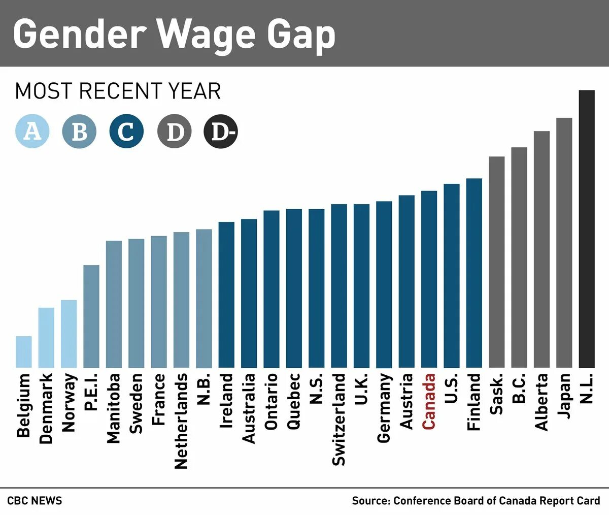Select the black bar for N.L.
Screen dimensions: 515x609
(x=587, y=229)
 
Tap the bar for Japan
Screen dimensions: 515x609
(x=564, y=243)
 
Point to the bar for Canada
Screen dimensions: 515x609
(x=429, y=279)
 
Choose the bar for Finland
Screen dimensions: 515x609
(x=474, y=273)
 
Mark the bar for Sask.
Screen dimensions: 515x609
(x=497, y=262)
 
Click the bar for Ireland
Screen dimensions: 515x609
(x=226, y=295)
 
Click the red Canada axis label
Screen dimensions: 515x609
(x=429, y=401)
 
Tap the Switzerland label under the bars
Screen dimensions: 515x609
(x=339, y=419)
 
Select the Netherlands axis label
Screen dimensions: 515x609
(x=181, y=421)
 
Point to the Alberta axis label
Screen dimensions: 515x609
(x=542, y=402)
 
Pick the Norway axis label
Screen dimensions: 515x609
(x=69, y=402)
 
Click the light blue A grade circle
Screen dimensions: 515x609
(x=32, y=132)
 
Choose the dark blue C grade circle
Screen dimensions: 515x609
(x=126, y=132)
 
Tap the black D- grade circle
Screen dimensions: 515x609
(x=221, y=132)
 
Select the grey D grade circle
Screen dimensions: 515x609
(x=175, y=132)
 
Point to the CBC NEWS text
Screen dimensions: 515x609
(x=35, y=501)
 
